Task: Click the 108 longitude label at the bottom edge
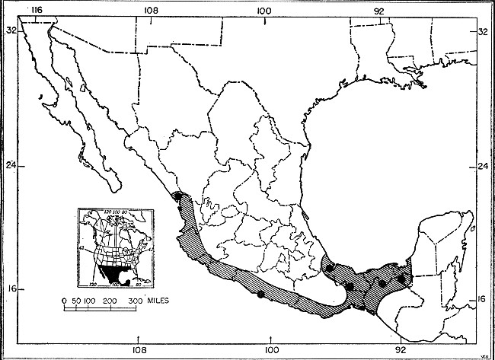[x=139, y=351]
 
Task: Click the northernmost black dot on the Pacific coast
[x=177, y=195]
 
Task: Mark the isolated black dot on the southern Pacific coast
[x=260, y=293]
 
